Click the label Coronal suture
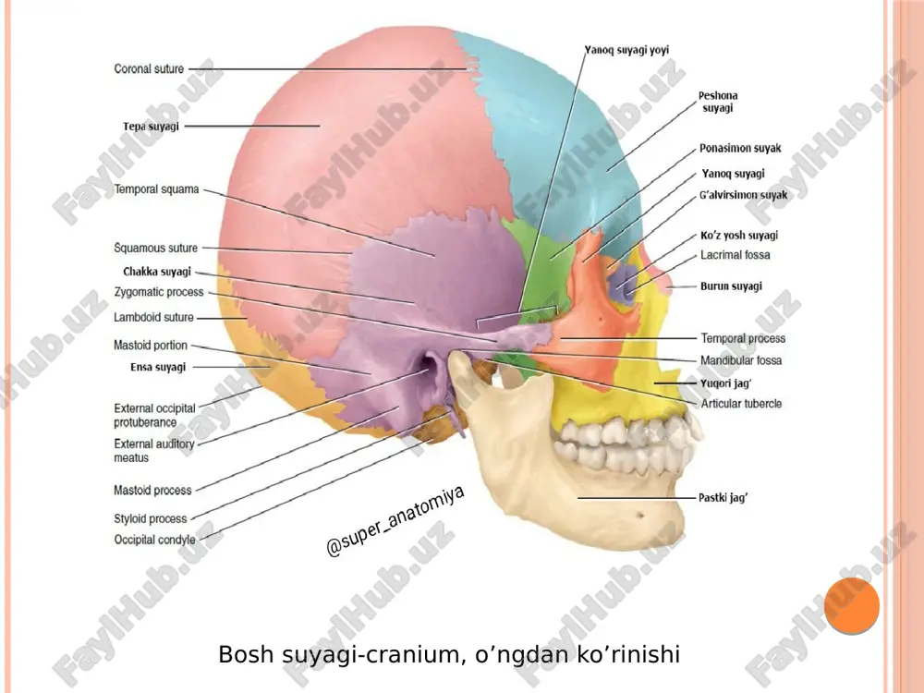pyautogui.click(x=149, y=69)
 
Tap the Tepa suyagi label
pyautogui.click(x=151, y=126)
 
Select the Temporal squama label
pyautogui.click(x=156, y=189)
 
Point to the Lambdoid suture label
pyautogui.click(x=153, y=317)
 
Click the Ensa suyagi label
pyautogui.click(x=158, y=367)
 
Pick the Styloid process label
pyautogui.click(x=151, y=518)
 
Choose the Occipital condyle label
pyautogui.click(x=154, y=540)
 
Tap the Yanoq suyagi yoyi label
pyautogui.click(x=626, y=50)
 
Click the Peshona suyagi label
pyautogui.click(x=718, y=102)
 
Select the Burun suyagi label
pyautogui.click(x=731, y=286)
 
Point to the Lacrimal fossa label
pyautogui.click(x=735, y=255)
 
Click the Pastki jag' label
pyautogui.click(x=723, y=497)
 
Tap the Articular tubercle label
pyautogui.click(x=741, y=404)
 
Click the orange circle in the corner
pyautogui.click(x=852, y=606)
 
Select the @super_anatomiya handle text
pyautogui.click(x=395, y=521)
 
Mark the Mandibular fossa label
pyautogui.click(x=741, y=360)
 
